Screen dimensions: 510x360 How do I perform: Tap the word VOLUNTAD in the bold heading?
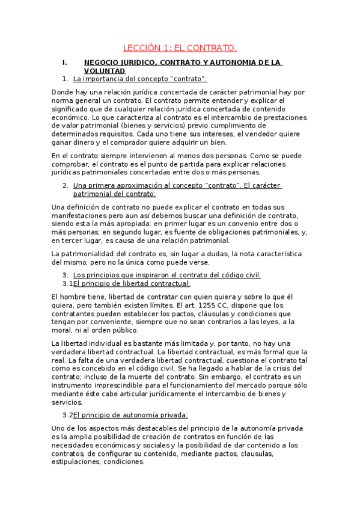tap(104, 70)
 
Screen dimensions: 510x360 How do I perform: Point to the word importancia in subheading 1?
tap(99, 79)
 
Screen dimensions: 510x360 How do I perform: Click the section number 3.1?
tap(67, 283)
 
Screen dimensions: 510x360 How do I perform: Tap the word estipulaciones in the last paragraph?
tap(76, 462)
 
